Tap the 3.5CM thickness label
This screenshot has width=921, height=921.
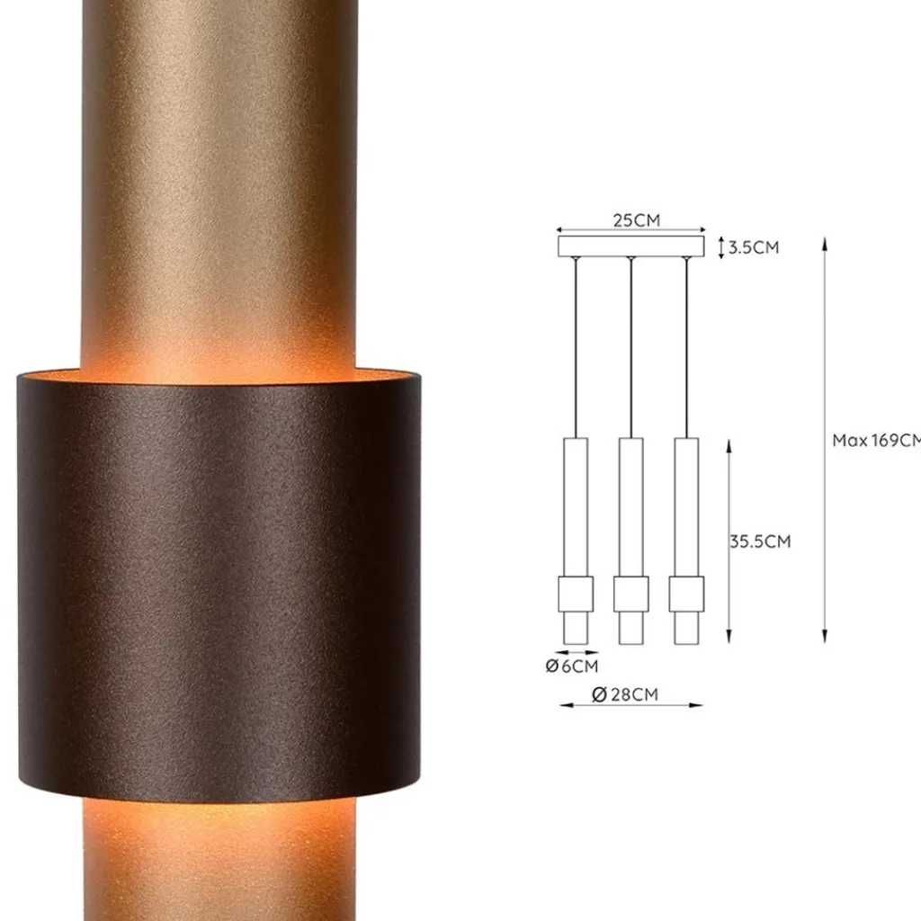click(x=753, y=247)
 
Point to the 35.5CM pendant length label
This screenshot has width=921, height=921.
click(x=760, y=541)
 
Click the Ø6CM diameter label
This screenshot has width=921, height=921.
click(x=571, y=666)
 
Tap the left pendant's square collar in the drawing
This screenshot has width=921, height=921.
click(x=576, y=592)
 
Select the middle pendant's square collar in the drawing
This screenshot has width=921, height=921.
click(x=631, y=592)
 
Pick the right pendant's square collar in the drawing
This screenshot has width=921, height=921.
click(x=686, y=592)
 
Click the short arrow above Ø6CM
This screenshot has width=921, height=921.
click(x=577, y=652)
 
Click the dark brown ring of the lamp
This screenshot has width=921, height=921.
click(x=220, y=585)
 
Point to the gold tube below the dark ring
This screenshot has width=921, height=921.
click(x=220, y=863)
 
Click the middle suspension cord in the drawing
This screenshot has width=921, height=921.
click(x=631, y=351)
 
